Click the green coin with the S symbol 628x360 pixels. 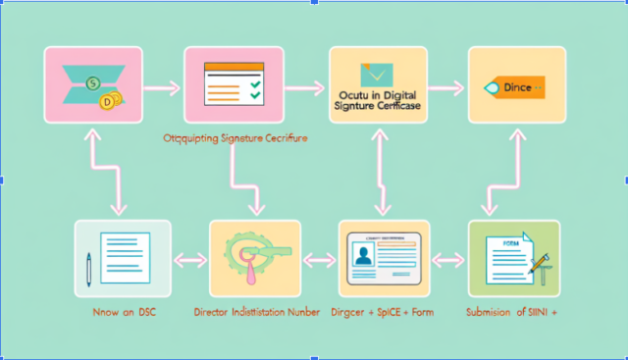point(92,83)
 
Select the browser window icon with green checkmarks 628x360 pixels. point(233,83)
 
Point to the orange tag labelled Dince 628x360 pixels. point(510,88)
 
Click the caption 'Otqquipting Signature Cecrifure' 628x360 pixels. point(235,139)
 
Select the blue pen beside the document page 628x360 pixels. point(90,267)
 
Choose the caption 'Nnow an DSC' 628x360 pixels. point(118,313)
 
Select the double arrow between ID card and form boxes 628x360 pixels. point(447,260)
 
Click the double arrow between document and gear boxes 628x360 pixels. point(190,260)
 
